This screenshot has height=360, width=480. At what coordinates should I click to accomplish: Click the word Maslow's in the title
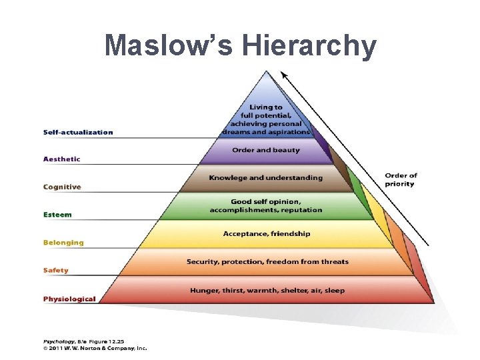coord(171,45)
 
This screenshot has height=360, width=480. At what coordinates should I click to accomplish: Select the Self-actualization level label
coord(78,132)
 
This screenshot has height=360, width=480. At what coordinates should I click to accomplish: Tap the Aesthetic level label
coord(62,159)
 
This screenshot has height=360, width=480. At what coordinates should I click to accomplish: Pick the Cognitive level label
coord(62,187)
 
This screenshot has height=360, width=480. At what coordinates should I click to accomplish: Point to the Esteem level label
coord(57,215)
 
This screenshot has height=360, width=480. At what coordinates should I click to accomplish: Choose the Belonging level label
coord(63,243)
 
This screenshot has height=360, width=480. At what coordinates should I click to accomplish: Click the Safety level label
coord(56,271)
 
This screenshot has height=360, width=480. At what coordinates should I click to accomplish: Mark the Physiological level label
coord(69,299)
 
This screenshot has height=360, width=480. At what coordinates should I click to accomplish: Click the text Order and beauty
coord(266,150)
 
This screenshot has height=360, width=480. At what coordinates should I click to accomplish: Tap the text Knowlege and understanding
coord(265,178)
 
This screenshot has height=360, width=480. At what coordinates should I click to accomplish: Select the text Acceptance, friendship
coord(267,234)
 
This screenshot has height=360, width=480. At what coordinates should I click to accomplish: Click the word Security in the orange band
coord(203,261)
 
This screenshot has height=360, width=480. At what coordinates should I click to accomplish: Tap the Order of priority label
coord(401,180)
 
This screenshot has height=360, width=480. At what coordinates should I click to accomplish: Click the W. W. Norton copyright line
coord(95,347)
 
